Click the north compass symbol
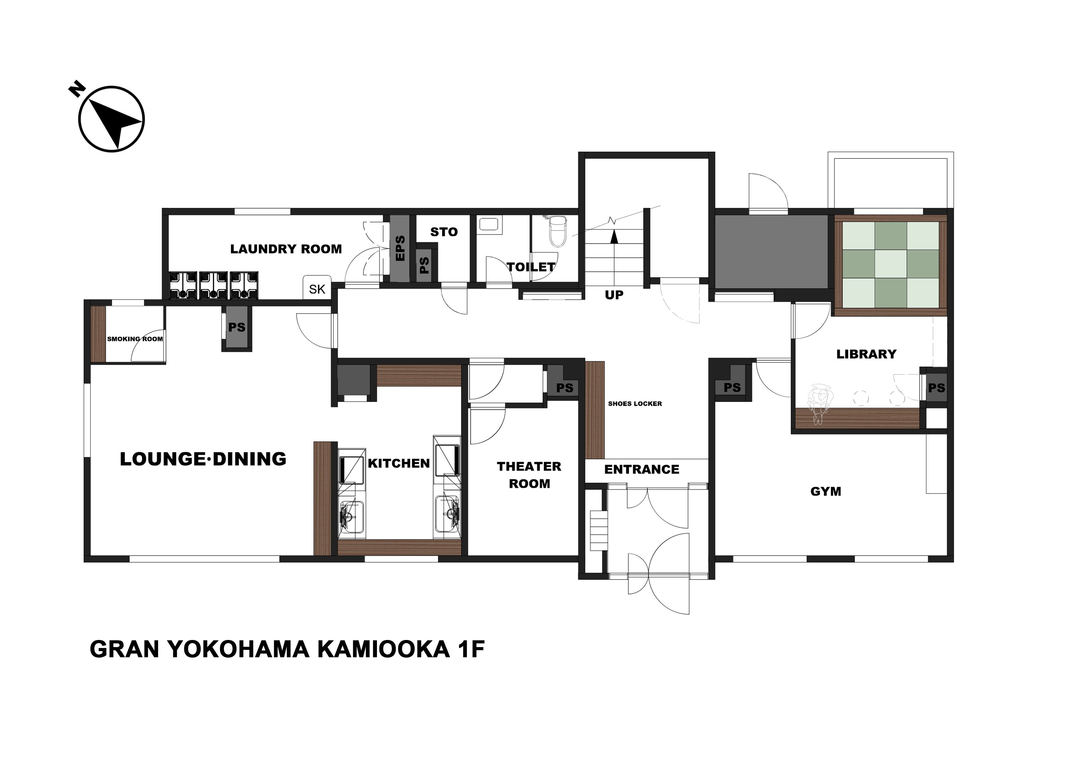coord(111,119)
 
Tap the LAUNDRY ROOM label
coord(286,249)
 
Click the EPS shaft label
coord(400,248)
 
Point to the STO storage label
coord(444,232)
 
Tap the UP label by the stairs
coord(614,295)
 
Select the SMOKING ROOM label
coord(135,339)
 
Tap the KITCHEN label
coord(399,464)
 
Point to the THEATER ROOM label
coord(529,475)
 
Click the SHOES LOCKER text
coord(635,403)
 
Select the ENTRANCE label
coord(642,469)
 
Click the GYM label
coord(826,492)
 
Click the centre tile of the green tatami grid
coord(891,264)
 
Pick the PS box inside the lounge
coord(237,327)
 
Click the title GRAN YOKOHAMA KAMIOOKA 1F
coord(287,650)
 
